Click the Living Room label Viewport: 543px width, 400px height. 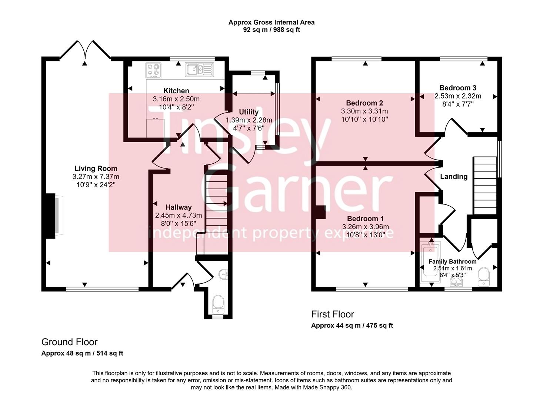pyautogui.click(x=96, y=169)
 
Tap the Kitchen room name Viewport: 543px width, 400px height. pyautogui.click(x=176, y=91)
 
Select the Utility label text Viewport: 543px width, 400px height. pyautogui.click(x=249, y=112)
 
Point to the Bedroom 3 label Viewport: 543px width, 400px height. pyautogui.click(x=458, y=88)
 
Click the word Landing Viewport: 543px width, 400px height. pyautogui.click(x=453, y=177)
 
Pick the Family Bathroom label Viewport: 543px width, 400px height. pyautogui.click(x=452, y=261)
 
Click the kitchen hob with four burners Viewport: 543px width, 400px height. pyautogui.click(x=154, y=70)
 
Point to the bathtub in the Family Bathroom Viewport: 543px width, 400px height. pyautogui.click(x=430, y=263)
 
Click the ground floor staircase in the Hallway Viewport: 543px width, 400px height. pyautogui.click(x=216, y=207)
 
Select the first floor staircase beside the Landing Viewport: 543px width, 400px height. pyautogui.click(x=485, y=185)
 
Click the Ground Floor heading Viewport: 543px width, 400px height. pyautogui.click(x=69, y=342)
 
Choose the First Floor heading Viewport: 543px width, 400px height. pyautogui.click(x=332, y=314)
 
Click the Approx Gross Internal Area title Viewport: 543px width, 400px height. pyautogui.click(x=271, y=22)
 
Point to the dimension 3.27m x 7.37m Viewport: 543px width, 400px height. pyautogui.click(x=96, y=177)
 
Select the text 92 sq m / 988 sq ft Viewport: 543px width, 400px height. pyautogui.click(x=271, y=30)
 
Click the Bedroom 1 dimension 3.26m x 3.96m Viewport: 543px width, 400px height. pyautogui.click(x=365, y=227)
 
